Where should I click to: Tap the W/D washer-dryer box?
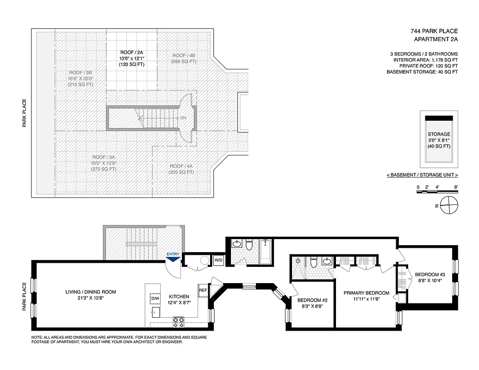point(218,260)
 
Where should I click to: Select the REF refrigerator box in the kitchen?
point(203,290)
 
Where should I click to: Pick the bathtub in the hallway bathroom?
point(266,252)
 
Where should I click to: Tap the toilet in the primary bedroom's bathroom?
point(313,262)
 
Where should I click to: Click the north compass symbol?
point(448,205)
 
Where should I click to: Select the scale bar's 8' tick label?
point(456,187)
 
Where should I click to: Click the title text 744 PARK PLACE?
point(434,31)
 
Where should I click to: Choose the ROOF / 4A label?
point(181,166)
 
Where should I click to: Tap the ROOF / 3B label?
point(81,73)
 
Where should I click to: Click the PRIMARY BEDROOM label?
point(366,293)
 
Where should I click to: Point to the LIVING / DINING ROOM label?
point(91,292)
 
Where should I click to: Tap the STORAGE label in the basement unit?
point(439,134)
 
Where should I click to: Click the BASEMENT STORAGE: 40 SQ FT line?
point(422,72)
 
